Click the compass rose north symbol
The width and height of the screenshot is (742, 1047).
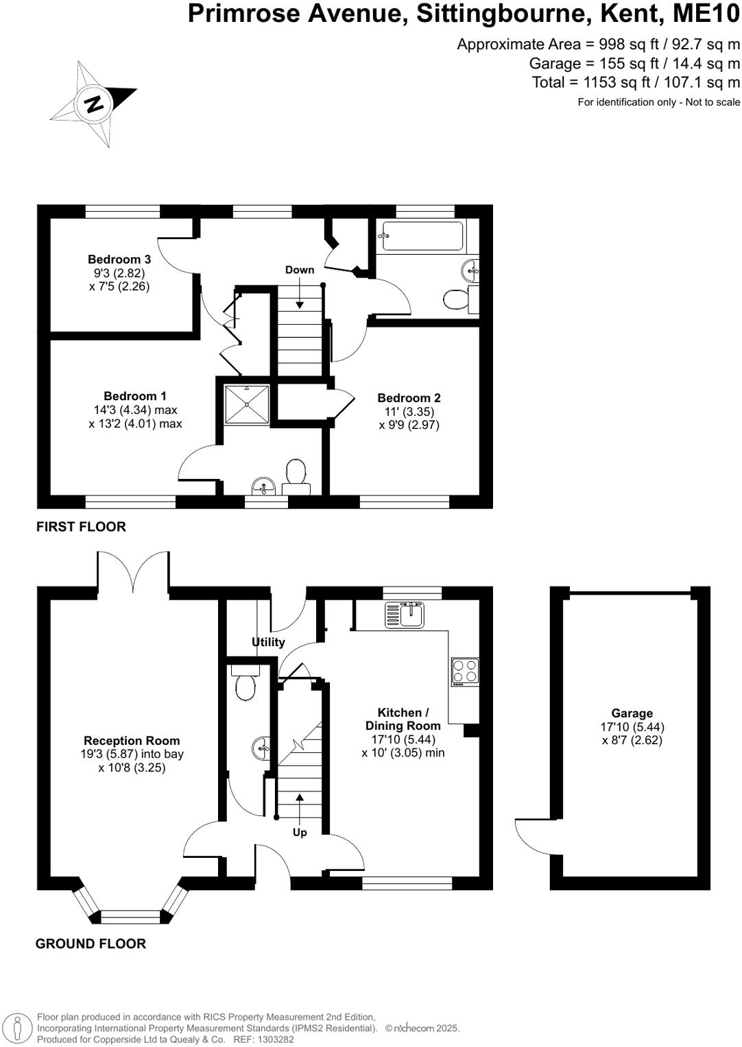(94, 104)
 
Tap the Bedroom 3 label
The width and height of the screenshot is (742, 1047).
(119, 260)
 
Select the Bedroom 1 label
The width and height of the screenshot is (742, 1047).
(135, 396)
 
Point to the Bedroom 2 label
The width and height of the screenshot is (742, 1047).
(409, 398)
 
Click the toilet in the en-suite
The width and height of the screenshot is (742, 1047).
(296, 473)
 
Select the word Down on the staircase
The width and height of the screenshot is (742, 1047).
(300, 270)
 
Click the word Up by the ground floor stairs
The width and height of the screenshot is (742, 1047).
(300, 832)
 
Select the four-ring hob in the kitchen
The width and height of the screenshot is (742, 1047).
(465, 672)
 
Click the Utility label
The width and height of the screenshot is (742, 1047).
(268, 642)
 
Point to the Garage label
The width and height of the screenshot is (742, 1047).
(632, 713)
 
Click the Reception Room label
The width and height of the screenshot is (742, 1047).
(132, 741)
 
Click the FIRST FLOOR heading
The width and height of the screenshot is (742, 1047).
(81, 527)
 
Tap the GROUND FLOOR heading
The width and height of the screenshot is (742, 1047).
(91, 944)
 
